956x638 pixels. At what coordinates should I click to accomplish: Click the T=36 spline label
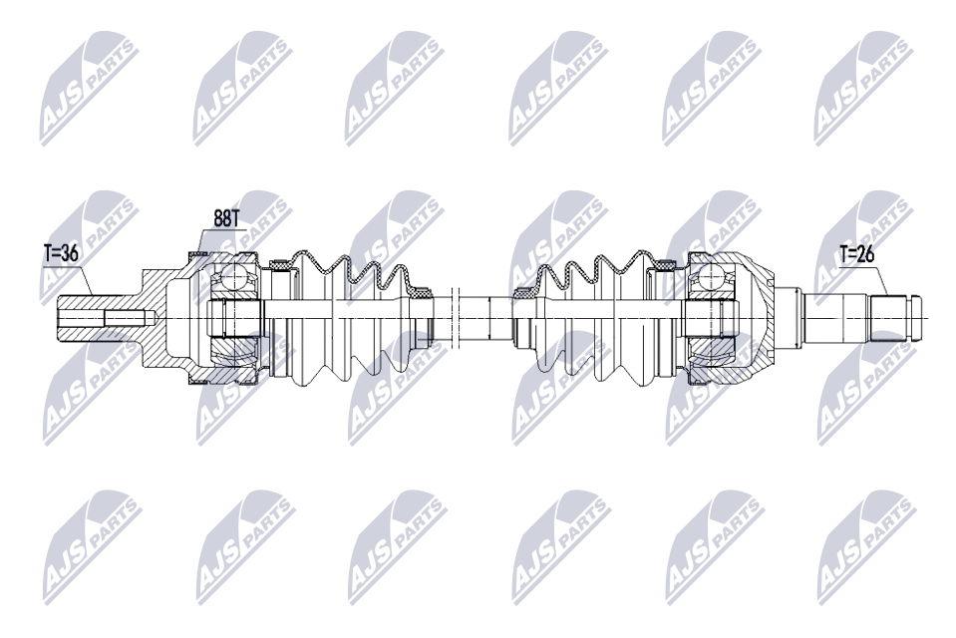point(60,253)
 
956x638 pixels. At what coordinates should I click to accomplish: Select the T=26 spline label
point(857,253)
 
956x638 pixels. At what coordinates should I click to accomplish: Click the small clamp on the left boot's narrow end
point(423,292)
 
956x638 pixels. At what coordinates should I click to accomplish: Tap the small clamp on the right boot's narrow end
point(522,293)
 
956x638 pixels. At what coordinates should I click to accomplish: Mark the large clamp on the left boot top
point(280,263)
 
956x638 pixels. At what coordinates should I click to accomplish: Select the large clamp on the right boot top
point(663,264)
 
